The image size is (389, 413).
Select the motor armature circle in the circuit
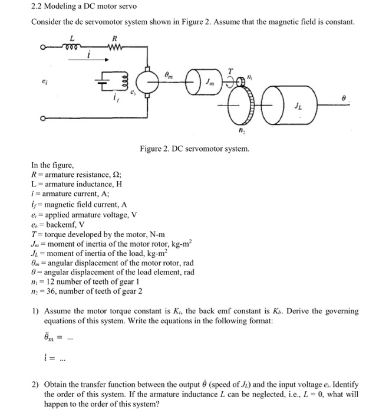coord(148,77)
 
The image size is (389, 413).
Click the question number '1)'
coord(35,311)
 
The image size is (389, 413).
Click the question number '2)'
coord(35,385)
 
